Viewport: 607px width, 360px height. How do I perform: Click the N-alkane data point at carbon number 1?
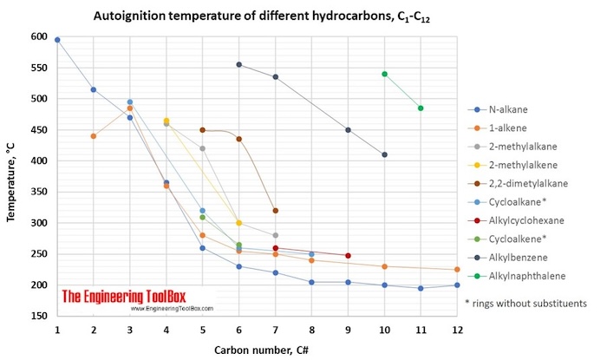point(57,40)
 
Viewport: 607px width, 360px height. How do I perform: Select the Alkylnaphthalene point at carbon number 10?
point(384,75)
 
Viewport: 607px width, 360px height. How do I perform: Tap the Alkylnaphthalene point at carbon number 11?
point(421,108)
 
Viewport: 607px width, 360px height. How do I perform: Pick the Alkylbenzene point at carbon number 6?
point(238,65)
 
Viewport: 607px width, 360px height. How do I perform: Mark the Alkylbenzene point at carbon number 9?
point(348,130)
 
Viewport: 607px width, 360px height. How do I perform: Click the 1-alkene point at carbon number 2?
point(94,136)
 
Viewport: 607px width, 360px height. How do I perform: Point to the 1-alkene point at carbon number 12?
point(457,270)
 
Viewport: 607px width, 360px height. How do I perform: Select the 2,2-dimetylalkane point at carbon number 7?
point(275,211)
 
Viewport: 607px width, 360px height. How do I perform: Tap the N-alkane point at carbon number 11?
point(421,288)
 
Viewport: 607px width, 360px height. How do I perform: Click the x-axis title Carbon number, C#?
point(257,348)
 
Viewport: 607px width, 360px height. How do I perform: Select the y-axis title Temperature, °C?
point(12,177)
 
